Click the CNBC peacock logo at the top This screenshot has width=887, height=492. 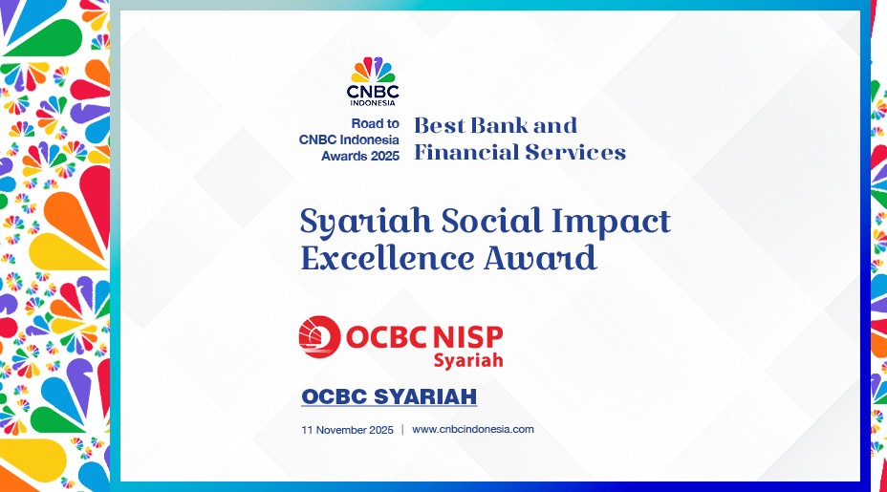(373, 70)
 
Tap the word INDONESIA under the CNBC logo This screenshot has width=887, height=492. (373, 103)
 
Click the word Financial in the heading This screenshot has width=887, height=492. (466, 152)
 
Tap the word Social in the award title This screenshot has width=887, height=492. (491, 220)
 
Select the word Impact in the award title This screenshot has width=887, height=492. (611, 222)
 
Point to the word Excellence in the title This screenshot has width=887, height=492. (388, 257)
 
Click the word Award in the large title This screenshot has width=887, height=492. (540, 258)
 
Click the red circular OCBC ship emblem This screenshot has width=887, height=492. (319, 337)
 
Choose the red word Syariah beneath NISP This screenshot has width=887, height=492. (467, 360)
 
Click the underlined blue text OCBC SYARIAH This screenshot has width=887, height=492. (389, 396)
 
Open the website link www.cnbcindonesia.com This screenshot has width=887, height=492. (473, 429)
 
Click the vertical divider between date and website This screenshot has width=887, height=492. (402, 430)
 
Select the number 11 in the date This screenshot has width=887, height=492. (307, 430)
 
